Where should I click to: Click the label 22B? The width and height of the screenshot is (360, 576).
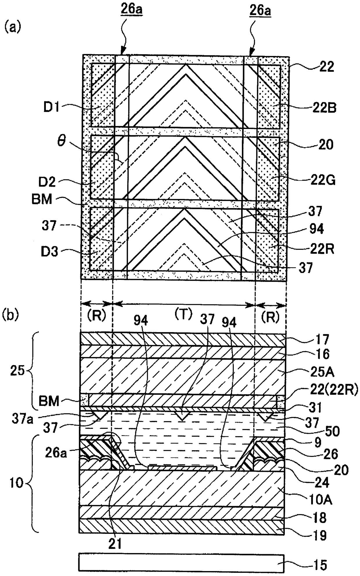pos(324,108)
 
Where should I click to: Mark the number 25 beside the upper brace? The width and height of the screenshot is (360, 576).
pos(17,371)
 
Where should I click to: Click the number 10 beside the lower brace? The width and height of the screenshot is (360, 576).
pos(17,484)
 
